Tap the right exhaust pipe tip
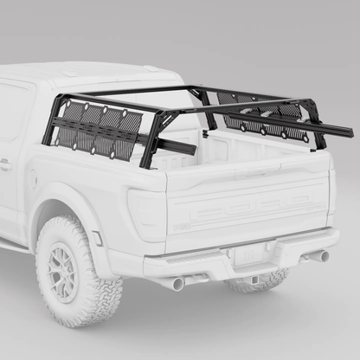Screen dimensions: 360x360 (x=320, y=256)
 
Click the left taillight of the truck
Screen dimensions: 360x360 (x=146, y=213)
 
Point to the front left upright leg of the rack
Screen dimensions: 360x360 (x=50, y=121)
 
